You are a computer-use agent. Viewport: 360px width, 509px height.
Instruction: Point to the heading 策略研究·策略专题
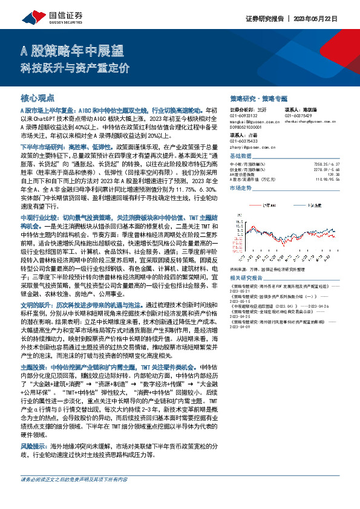click(259, 97)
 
